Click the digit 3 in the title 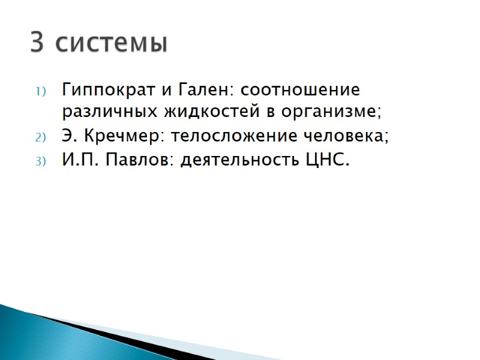pyautogui.click(x=37, y=43)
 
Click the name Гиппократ pyautogui.click(x=105, y=91)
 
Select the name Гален pyautogui.click(x=205, y=91)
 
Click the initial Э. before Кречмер pyautogui.click(x=68, y=137)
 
